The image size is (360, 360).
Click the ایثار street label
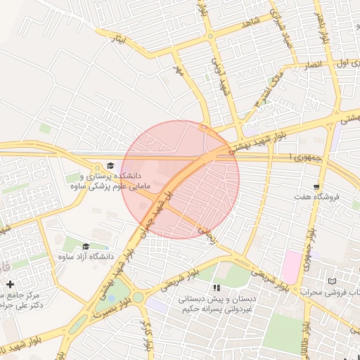(x=119, y=40)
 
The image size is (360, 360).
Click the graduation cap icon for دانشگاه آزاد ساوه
(x=86, y=246)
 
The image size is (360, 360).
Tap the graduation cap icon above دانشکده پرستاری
(x=110, y=165)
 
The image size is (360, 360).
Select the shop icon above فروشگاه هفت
(x=317, y=187)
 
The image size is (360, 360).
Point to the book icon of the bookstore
(x=332, y=281)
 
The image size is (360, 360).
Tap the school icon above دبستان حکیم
(x=217, y=288)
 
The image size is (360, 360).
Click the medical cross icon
(x=10, y=284)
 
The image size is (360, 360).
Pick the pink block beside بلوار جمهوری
(x=289, y=267)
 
